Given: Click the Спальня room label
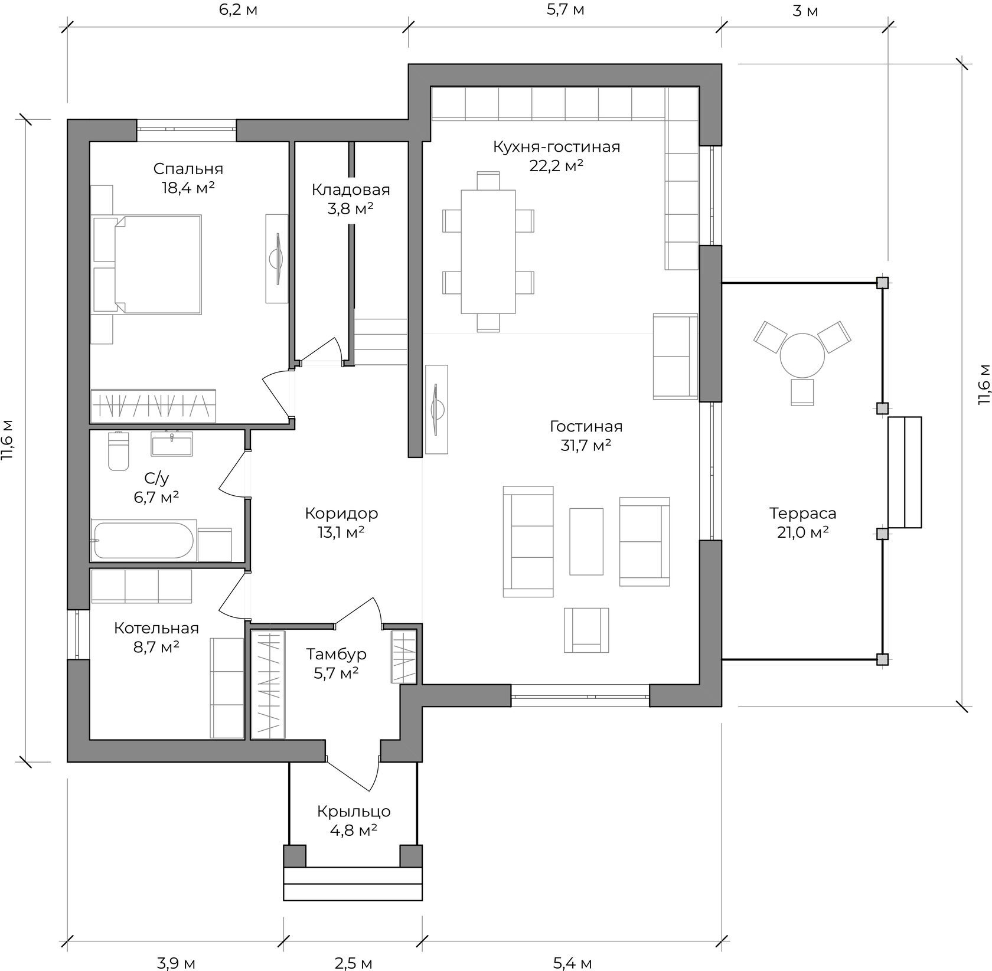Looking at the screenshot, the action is [x=188, y=169].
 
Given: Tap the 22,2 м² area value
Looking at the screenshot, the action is [x=556, y=165].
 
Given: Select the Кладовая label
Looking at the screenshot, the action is [x=351, y=189].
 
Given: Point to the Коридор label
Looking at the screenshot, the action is [x=341, y=514].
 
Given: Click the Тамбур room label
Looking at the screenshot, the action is [x=336, y=654].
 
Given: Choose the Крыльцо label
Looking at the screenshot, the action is [x=354, y=812].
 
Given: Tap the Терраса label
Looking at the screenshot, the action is [x=802, y=514].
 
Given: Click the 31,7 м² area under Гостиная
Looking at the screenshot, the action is [x=586, y=445].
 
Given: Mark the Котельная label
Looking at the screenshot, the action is [x=156, y=628].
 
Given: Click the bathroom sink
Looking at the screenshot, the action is [x=171, y=444].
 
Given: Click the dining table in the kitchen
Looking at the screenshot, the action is [x=488, y=251].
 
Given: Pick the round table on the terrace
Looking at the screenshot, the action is [x=802, y=355].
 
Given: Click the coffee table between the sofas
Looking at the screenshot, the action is [x=586, y=541].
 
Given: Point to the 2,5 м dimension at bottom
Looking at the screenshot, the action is [x=353, y=963].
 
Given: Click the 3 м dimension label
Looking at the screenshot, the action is [x=805, y=11].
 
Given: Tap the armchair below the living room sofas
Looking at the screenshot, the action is [x=586, y=630].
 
